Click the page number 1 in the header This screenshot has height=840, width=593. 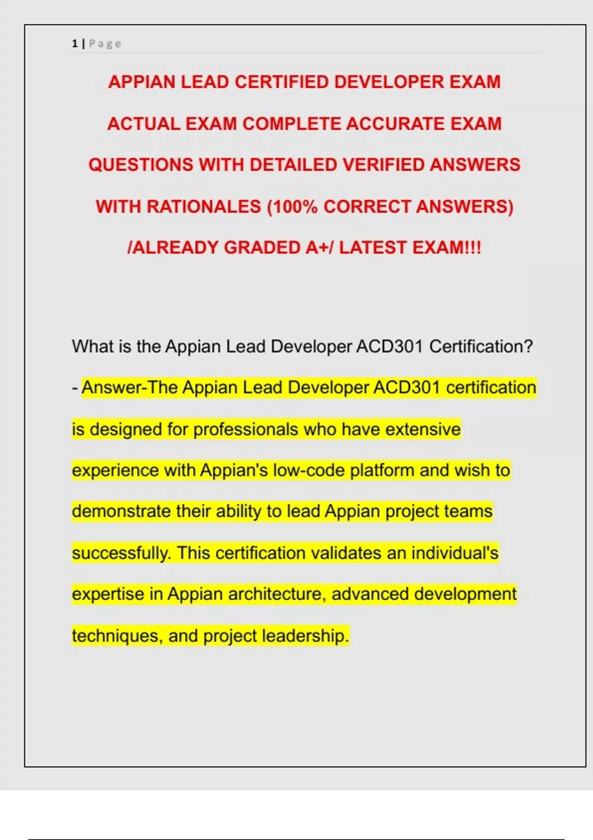click(x=75, y=44)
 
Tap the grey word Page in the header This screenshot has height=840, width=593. click(x=105, y=44)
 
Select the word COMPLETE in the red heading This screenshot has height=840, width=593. click(x=292, y=124)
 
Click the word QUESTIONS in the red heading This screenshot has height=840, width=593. click(x=141, y=165)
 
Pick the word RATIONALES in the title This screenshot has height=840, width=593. click(x=204, y=206)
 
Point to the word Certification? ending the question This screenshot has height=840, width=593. click(x=481, y=346)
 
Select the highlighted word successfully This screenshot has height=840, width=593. click(x=121, y=552)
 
